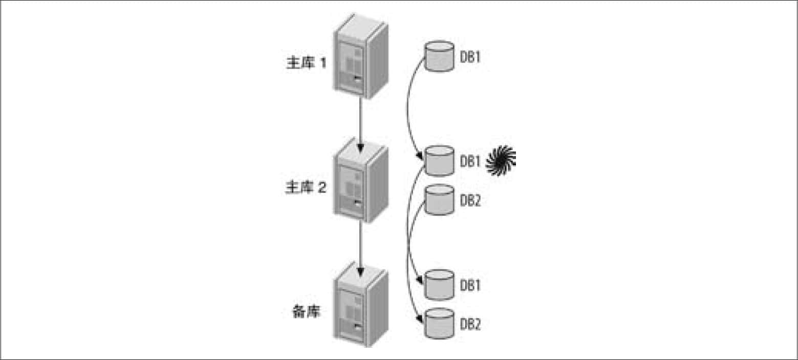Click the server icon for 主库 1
(x=360, y=56)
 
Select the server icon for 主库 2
(x=360, y=180)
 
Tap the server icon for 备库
(x=360, y=304)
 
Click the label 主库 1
(x=307, y=63)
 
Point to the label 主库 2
(x=306, y=187)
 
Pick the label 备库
(x=306, y=311)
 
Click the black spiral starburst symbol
(x=501, y=160)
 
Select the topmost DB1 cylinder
(x=440, y=56)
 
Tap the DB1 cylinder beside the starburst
(x=440, y=161)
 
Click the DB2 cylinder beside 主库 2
(x=440, y=200)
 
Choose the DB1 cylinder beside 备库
(x=440, y=285)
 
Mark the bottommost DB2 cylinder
(x=440, y=323)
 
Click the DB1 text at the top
(x=470, y=57)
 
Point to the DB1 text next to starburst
(x=470, y=161)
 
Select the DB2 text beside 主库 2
(x=470, y=200)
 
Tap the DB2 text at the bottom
(x=470, y=324)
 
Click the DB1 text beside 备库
(x=470, y=286)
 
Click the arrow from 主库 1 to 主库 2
(x=360, y=125)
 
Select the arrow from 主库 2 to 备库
(x=360, y=249)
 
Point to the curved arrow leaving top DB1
(x=407, y=107)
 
